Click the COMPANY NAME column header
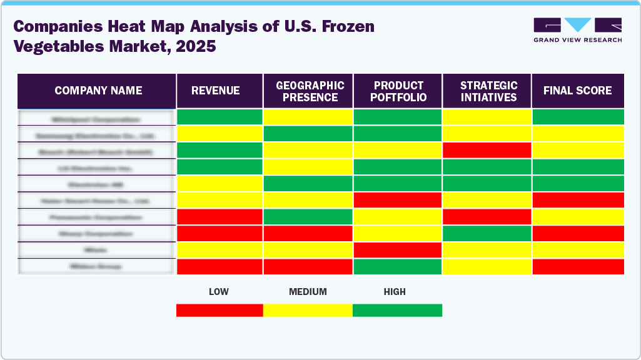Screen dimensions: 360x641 pyautogui.click(x=98, y=91)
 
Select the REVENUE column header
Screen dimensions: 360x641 pyautogui.click(x=215, y=91)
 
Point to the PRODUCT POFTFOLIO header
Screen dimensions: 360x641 pyautogui.click(x=399, y=91)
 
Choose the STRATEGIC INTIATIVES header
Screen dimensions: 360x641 pyautogui.click(x=488, y=91)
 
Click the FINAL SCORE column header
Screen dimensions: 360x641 pyautogui.click(x=577, y=91)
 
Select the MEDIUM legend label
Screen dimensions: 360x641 pyautogui.click(x=308, y=292)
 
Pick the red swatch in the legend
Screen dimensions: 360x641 pyautogui.click(x=220, y=310)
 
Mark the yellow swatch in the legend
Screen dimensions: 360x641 pyautogui.click(x=308, y=310)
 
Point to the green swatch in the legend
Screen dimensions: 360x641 pyautogui.click(x=397, y=310)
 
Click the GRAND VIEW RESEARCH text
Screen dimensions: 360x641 pyautogui.click(x=577, y=40)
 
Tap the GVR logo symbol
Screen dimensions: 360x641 pyautogui.click(x=577, y=25)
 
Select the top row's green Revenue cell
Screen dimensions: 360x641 pyautogui.click(x=220, y=117)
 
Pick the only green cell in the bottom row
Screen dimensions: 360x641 pyautogui.click(x=398, y=266)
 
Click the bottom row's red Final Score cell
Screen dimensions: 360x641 pyautogui.click(x=577, y=266)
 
